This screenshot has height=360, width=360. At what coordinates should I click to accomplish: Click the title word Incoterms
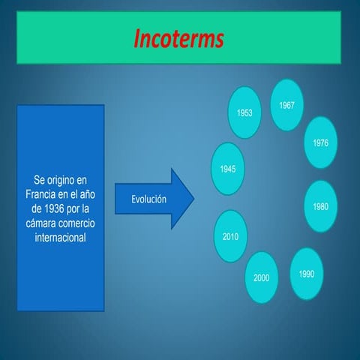coord(180,39)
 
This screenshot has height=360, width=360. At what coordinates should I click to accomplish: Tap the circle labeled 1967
coord(286,104)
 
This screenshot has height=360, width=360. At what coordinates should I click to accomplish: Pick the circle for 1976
coord(321,142)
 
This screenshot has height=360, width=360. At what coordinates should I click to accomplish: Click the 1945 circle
coord(229,169)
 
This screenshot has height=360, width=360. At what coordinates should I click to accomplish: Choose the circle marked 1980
coord(321,206)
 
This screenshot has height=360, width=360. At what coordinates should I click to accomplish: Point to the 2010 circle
coord(230,236)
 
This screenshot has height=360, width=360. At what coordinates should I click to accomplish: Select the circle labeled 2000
coord(261,277)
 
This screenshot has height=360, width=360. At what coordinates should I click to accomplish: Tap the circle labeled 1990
coord(306,274)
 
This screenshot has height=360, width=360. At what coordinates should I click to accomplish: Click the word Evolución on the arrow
coord(148,199)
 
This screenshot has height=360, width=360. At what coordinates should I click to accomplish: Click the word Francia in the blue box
coord(41,193)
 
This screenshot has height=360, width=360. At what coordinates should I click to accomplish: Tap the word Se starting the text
coord(40,180)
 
